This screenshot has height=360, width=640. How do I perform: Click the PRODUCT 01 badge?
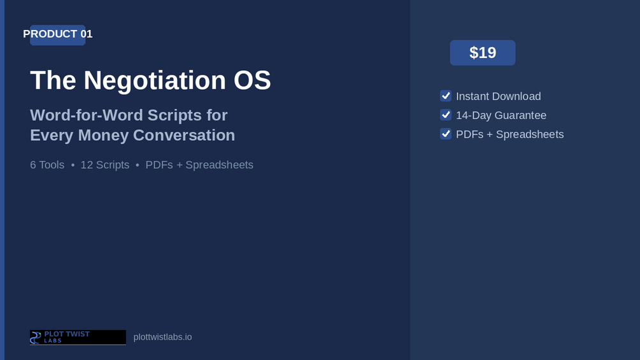coord(57,34)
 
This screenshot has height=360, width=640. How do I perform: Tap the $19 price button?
coord(483,53)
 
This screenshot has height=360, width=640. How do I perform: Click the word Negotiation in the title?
coord(155,80)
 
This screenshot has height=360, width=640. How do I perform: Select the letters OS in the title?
coord(252,80)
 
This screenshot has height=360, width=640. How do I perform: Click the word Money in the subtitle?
coord(103,136)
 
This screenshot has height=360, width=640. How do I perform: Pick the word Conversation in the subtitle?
coord(184,135)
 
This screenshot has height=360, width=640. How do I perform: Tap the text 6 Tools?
coord(47,165)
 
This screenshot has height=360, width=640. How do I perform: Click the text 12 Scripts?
coord(105,165)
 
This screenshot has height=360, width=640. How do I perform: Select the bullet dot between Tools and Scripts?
coord(73,165)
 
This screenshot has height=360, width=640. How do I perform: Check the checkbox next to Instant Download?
coord(446,96)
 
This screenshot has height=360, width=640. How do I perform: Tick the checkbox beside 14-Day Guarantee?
coord(446,115)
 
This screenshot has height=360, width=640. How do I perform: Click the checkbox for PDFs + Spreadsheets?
coord(446,134)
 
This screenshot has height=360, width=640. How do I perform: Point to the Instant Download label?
coord(499,96)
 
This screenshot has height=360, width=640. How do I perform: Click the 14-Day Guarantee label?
coord(501,115)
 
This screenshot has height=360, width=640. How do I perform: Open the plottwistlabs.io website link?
coord(162,337)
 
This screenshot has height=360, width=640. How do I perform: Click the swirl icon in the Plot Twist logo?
coord(36,338)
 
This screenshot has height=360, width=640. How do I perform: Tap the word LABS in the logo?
coord(53,341)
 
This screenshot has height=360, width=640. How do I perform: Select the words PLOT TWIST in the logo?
coord(67,334)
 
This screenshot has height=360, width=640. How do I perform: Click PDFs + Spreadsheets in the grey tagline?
coord(199,165)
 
